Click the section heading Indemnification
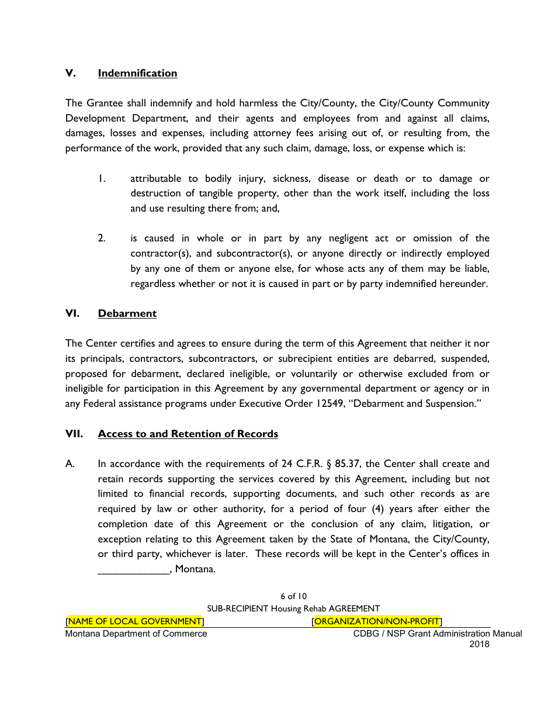(x=137, y=73)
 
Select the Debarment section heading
(x=127, y=313)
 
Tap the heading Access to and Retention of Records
(x=188, y=434)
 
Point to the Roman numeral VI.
(x=72, y=313)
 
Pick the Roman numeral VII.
(x=74, y=434)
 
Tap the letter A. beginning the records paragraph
(x=70, y=464)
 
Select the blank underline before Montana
(x=133, y=569)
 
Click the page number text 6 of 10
(x=293, y=596)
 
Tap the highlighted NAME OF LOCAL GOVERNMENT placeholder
(x=135, y=621)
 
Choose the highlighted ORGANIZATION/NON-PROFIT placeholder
(x=377, y=621)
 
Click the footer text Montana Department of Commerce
(x=136, y=634)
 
